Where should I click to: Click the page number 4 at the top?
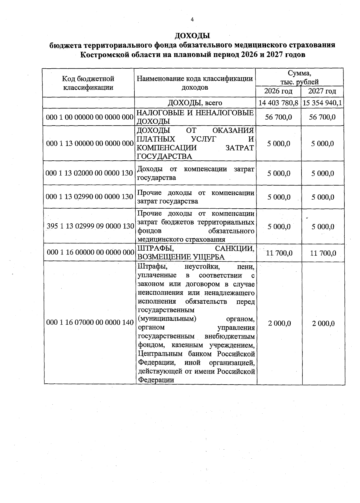click(192, 20)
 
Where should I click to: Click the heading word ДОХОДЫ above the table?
click(192, 36)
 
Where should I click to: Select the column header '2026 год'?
click(278, 91)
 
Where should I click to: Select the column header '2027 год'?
click(322, 91)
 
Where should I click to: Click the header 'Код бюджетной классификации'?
click(88, 83)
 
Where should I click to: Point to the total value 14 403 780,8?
click(278, 103)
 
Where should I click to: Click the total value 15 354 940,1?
click(322, 103)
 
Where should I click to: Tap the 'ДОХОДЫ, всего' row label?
click(195, 103)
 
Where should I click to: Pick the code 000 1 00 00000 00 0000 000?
click(89, 117)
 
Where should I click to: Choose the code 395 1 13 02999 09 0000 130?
click(90, 226)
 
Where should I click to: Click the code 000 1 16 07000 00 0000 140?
click(90, 323)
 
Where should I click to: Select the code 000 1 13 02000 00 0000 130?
click(89, 173)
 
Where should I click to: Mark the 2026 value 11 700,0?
click(279, 253)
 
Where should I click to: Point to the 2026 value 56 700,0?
click(278, 117)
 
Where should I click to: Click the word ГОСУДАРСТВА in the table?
click(164, 156)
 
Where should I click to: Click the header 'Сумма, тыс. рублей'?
click(299, 77)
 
